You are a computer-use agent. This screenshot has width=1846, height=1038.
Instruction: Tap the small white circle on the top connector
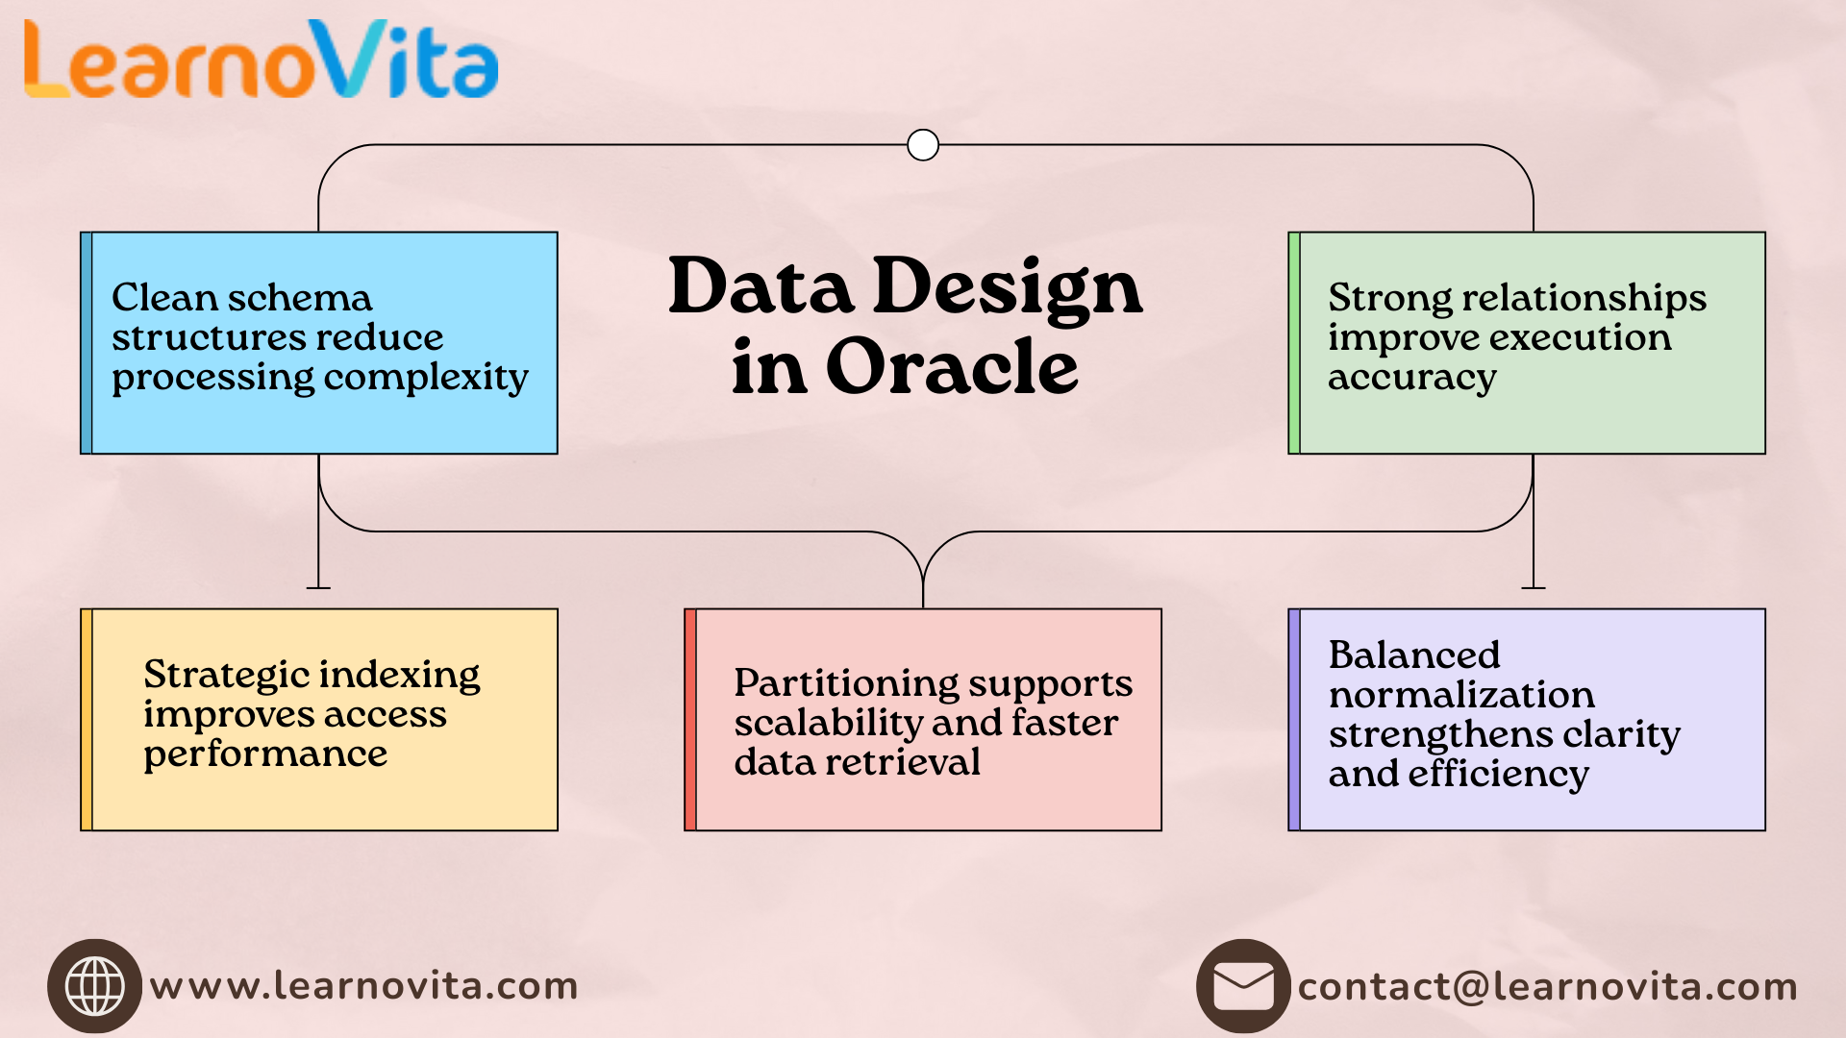click(923, 145)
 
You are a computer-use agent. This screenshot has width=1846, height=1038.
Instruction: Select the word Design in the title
click(1008, 287)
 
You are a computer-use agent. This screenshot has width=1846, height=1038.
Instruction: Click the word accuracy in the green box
click(1411, 378)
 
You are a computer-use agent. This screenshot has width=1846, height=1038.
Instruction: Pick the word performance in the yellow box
click(265, 754)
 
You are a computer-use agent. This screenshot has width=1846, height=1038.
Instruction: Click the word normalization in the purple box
click(1461, 695)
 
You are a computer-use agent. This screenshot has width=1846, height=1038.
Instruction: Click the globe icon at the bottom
click(94, 986)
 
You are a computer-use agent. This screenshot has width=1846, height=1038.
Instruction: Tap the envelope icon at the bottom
click(1243, 986)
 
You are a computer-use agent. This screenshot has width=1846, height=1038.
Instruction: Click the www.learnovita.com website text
click(364, 986)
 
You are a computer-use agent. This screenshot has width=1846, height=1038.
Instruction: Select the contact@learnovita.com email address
click(1547, 987)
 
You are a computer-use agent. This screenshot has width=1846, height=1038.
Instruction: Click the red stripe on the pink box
click(690, 719)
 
